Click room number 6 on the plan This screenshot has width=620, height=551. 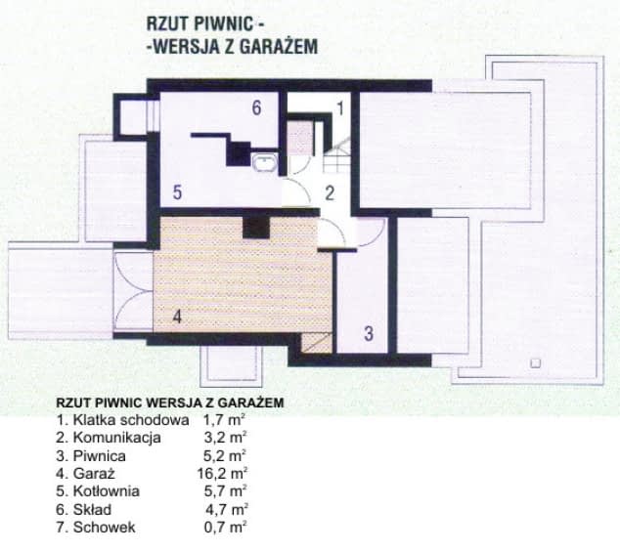256,108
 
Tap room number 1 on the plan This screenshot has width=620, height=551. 341,108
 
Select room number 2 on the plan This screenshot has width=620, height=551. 330,192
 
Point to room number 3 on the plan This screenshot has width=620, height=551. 368,333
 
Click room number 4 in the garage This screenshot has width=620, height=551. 177,317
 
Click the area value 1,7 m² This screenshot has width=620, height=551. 225,420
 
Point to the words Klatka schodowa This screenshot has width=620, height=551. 123,420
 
